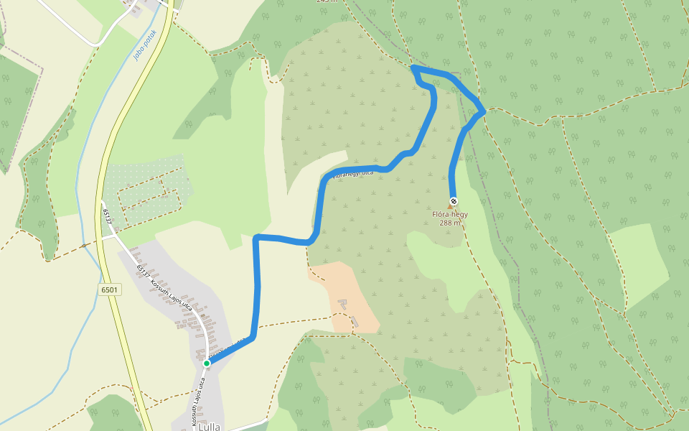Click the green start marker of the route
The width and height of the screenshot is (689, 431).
pyautogui.click(x=207, y=363)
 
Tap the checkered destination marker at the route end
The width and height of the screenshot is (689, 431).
pyautogui.click(x=453, y=201)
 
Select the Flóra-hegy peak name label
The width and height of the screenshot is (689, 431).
pyautogui.click(x=450, y=214)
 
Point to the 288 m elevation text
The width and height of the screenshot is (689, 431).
pyautogui.click(x=450, y=223)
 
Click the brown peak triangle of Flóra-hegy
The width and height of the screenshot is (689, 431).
pyautogui.click(x=451, y=207)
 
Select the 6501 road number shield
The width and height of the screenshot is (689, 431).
pyautogui.click(x=110, y=289)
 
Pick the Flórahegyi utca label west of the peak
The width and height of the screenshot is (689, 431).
pyautogui.click(x=354, y=173)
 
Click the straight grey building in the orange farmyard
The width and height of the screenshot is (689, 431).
pyautogui.click(x=355, y=322)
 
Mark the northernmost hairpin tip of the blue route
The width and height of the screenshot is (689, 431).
pyautogui.click(x=413, y=68)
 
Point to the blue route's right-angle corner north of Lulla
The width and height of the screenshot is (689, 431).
pyautogui.click(x=258, y=237)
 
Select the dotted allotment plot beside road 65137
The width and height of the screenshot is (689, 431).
pyautogui.click(x=147, y=190)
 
